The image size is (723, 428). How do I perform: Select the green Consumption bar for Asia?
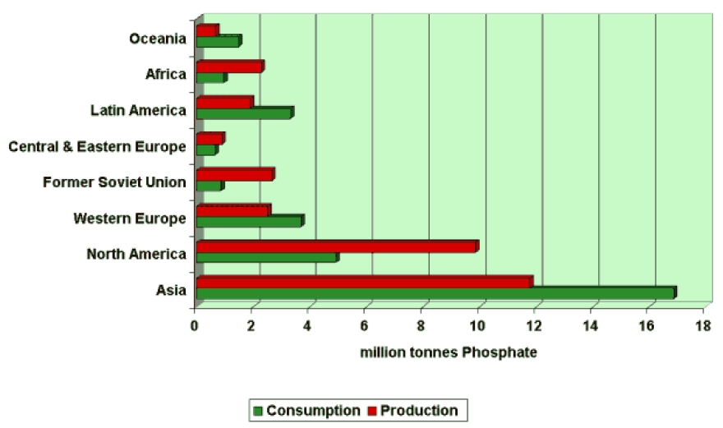click(x=435, y=293)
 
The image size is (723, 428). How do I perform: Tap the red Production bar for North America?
click(x=336, y=246)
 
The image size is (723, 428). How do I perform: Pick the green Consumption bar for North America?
click(x=266, y=258)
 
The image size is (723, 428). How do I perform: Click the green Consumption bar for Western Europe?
click(x=249, y=222)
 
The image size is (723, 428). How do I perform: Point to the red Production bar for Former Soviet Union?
click(x=234, y=175)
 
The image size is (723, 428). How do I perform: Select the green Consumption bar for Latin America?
click(x=244, y=113)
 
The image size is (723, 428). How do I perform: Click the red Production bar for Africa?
click(x=229, y=67)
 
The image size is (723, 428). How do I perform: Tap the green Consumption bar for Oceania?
click(x=218, y=42)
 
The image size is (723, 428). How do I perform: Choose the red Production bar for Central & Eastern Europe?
click(x=210, y=139)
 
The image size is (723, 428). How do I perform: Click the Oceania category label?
click(x=159, y=39)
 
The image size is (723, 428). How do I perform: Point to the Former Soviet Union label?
click(x=114, y=182)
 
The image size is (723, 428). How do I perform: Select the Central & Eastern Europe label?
click(x=97, y=146)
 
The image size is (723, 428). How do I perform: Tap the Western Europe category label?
click(x=130, y=218)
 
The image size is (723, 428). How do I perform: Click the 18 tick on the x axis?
click(x=703, y=325)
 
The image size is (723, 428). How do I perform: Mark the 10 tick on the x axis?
click(x=477, y=325)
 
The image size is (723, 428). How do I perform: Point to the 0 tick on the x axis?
click(x=195, y=325)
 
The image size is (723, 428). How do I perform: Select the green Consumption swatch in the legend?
click(x=258, y=411)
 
